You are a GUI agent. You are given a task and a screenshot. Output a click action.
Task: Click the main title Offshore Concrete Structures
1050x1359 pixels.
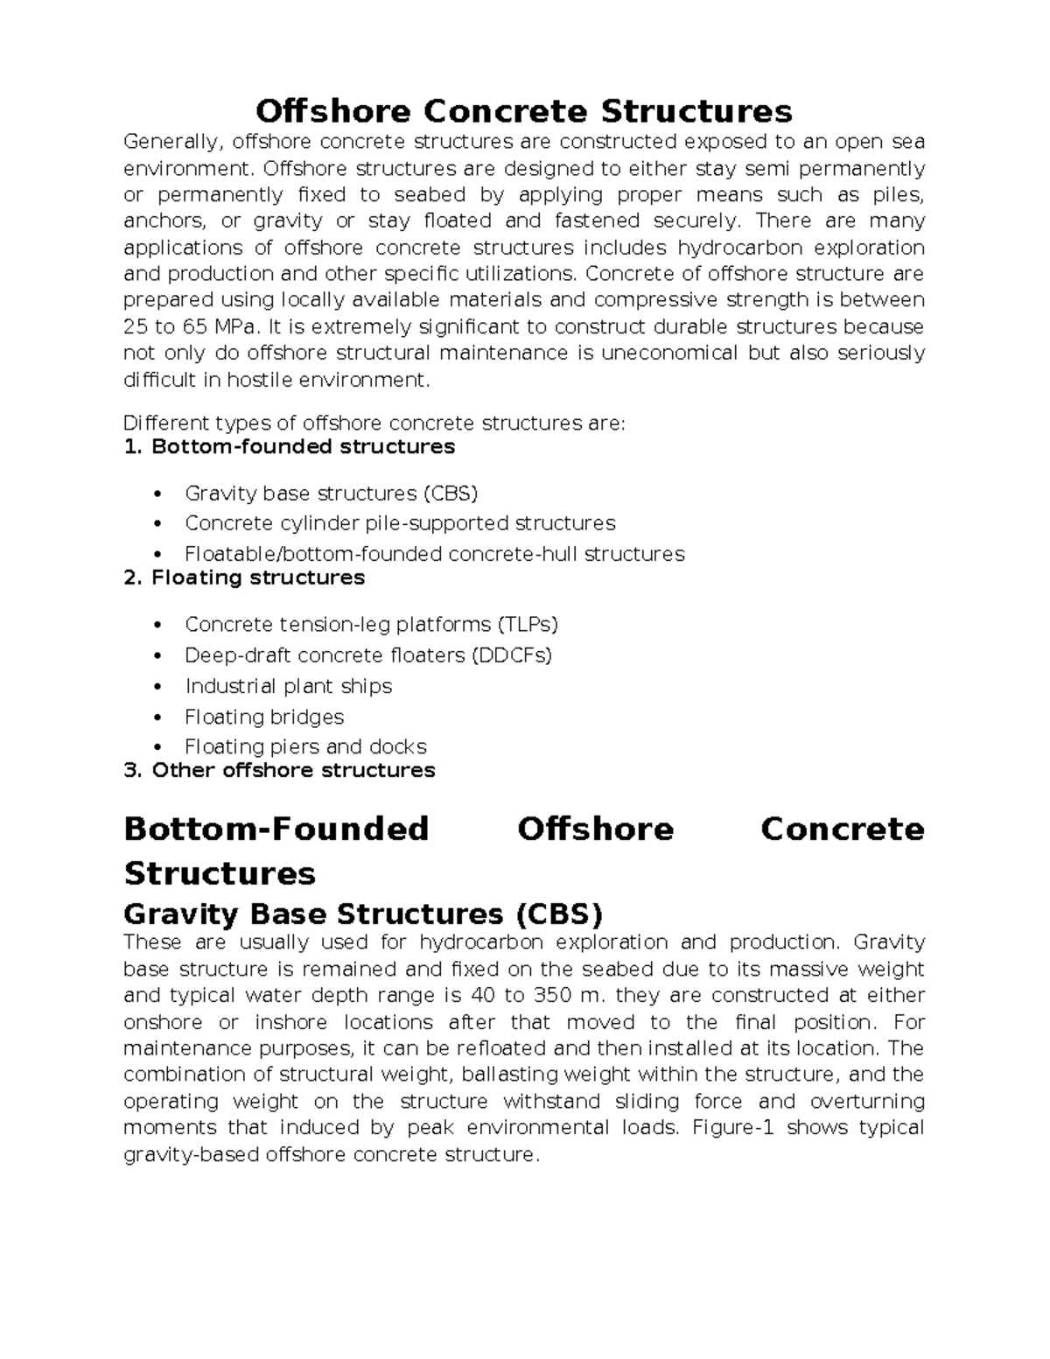pos(523,111)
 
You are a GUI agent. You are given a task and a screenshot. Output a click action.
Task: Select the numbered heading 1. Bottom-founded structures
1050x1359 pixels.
pos(290,447)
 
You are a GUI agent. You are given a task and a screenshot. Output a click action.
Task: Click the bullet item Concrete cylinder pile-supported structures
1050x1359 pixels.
pos(400,523)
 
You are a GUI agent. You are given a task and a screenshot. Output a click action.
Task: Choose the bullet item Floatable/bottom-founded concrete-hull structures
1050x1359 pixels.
pos(434,554)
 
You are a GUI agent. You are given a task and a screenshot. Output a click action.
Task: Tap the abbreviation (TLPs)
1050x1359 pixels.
pos(528,625)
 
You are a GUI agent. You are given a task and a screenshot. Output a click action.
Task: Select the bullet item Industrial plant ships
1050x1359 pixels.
pos(288,686)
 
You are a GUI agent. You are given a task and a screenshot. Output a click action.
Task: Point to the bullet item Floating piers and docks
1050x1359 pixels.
pos(305,747)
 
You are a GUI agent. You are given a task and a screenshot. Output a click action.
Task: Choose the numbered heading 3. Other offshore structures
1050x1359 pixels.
pos(280,770)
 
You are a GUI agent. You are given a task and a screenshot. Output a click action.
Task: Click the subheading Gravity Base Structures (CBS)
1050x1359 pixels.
pos(363,914)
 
